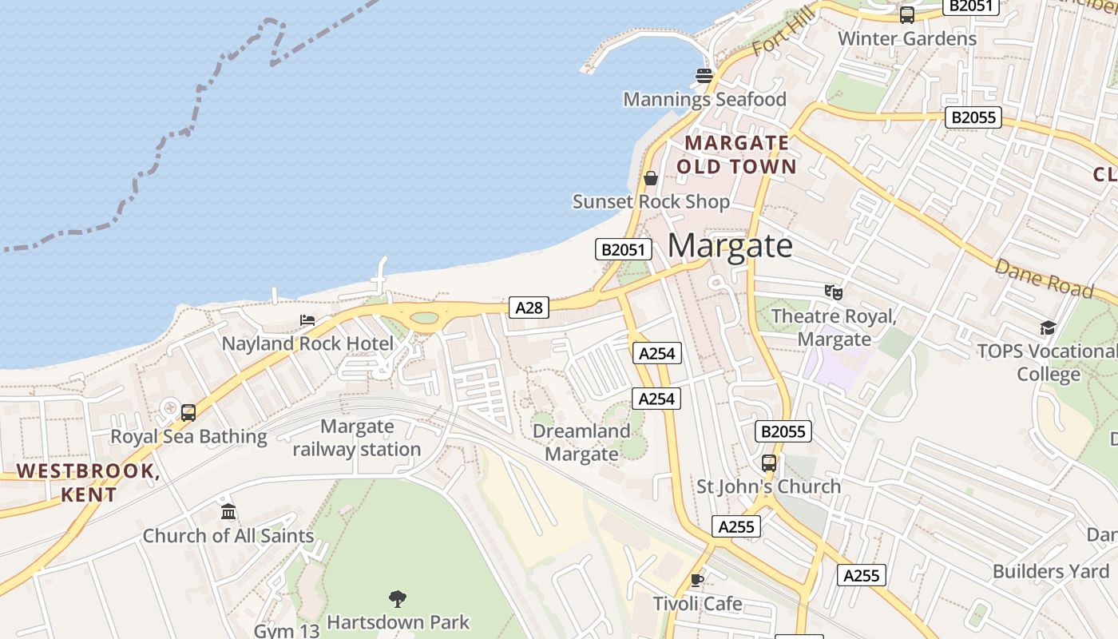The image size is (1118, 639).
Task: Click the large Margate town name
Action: (730, 245)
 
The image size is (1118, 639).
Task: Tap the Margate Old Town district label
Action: (737, 154)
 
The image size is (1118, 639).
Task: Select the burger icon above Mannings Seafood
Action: (704, 76)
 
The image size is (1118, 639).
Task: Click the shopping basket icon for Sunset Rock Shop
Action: (651, 177)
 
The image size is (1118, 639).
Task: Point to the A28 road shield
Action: (529, 308)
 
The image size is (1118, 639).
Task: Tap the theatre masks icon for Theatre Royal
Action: (834, 292)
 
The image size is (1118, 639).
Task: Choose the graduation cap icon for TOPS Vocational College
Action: (1047, 327)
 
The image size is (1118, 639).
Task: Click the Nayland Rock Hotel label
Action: (307, 344)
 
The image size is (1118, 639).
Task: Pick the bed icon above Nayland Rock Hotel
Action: (307, 320)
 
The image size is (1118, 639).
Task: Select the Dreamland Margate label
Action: (581, 443)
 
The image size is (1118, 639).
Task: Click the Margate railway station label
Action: (356, 438)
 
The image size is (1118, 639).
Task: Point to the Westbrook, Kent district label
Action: (89, 482)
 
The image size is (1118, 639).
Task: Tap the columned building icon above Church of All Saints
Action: (228, 511)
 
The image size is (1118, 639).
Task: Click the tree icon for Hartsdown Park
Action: (397, 598)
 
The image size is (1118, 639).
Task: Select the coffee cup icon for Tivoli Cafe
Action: (697, 580)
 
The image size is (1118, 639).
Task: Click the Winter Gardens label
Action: (906, 38)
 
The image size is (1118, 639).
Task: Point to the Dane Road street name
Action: (1043, 278)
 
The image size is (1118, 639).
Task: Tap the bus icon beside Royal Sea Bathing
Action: (188, 412)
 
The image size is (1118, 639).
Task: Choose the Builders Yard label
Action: (1050, 571)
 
